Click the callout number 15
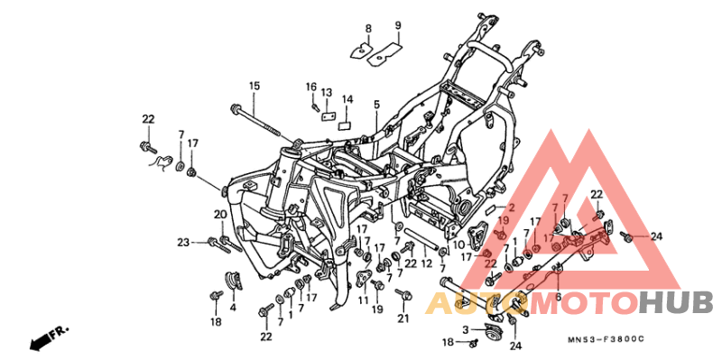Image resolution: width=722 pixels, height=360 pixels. pyautogui.click(x=255, y=86)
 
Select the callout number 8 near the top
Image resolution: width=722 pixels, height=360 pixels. pyautogui.click(x=368, y=29)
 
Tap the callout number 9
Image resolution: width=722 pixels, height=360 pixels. pyautogui.click(x=397, y=24)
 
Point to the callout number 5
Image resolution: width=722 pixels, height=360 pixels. pyautogui.click(x=375, y=106)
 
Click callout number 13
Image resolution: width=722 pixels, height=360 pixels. pyautogui.click(x=327, y=93)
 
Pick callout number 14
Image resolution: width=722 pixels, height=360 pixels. pyautogui.click(x=347, y=99)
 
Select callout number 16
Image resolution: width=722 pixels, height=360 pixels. pyautogui.click(x=311, y=87)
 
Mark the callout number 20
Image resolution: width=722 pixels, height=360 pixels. pyautogui.click(x=219, y=214)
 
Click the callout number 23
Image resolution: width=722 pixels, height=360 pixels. pyautogui.click(x=183, y=242)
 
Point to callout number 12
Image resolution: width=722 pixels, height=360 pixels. pyautogui.click(x=426, y=263)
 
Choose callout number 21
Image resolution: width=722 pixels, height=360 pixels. pyautogui.click(x=404, y=318)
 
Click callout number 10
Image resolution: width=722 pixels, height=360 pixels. pyautogui.click(x=458, y=245)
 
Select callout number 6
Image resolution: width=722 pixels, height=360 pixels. pyautogui.click(x=558, y=297)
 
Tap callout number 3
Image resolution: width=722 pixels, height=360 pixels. pyautogui.click(x=466, y=330)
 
